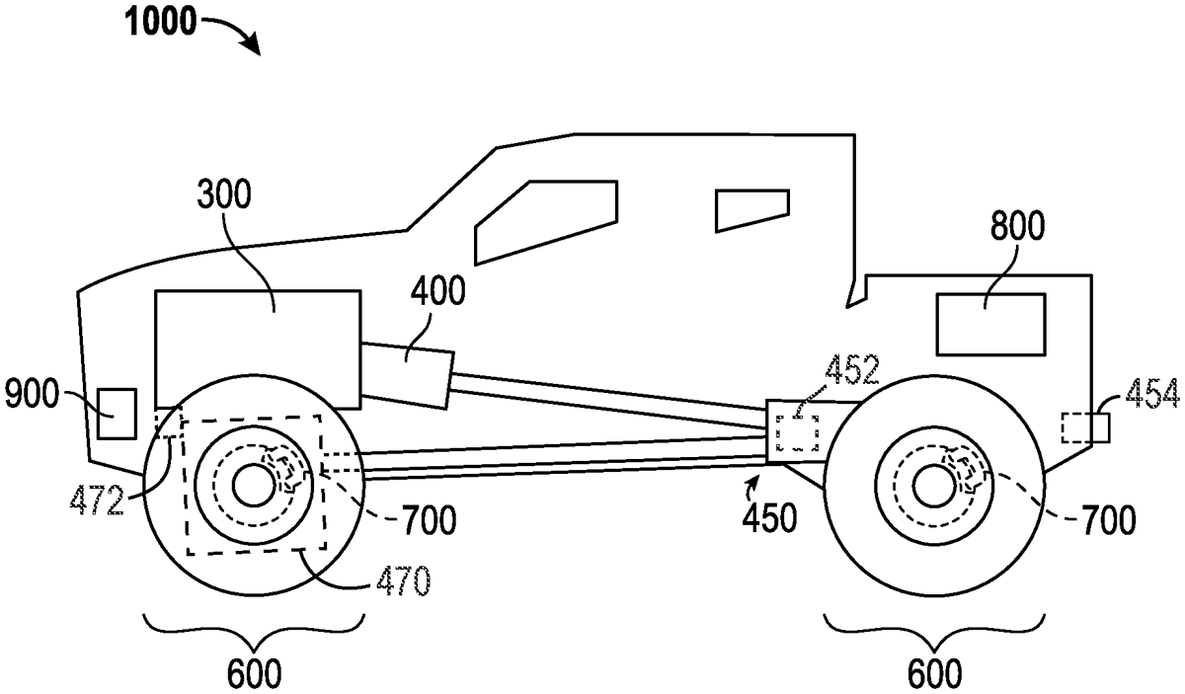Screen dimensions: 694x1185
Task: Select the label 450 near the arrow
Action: [x=769, y=516]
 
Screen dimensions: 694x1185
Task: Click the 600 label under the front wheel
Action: [x=252, y=674]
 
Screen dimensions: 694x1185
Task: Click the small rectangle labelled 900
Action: [x=116, y=414]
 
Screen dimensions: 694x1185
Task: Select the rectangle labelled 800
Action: [x=990, y=325]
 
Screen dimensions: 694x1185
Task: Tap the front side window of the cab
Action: [x=546, y=220]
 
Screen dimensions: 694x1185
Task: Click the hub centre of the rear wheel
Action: [x=932, y=484]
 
